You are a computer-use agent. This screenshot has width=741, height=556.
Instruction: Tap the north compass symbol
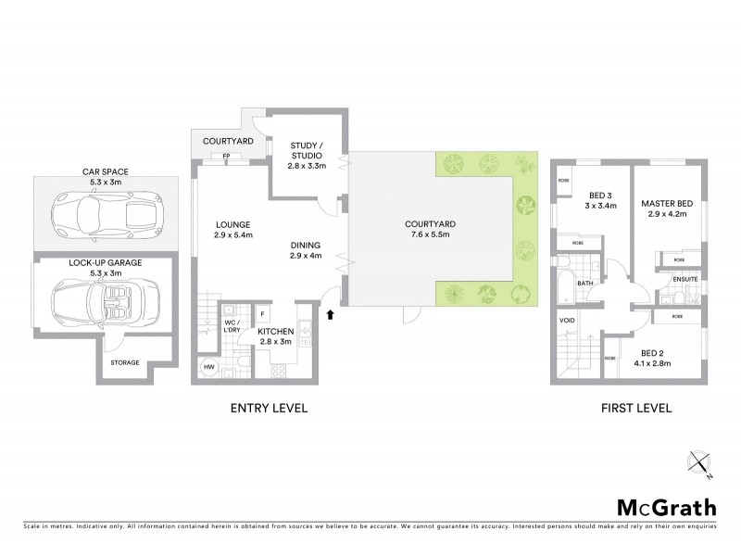pos(699,463)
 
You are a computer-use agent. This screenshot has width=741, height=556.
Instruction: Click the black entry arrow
pos(330,315)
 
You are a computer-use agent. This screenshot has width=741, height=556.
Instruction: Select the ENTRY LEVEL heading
pos(270,407)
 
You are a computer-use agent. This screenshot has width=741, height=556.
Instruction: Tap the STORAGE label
pos(124,362)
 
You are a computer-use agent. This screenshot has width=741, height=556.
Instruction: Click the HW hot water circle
pos(208,368)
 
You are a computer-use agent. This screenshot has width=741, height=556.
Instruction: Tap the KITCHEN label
pos(275,331)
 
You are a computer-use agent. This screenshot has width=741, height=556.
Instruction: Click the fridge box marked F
pos(262,313)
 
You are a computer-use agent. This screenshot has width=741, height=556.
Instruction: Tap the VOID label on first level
pos(569,322)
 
